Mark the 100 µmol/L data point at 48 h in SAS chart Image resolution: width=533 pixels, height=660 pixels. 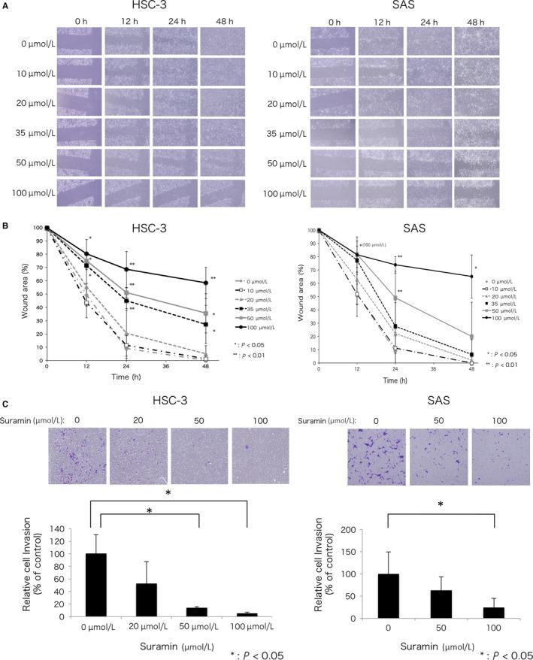click(471, 276)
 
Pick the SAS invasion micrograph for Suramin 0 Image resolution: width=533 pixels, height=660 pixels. click(371, 456)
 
